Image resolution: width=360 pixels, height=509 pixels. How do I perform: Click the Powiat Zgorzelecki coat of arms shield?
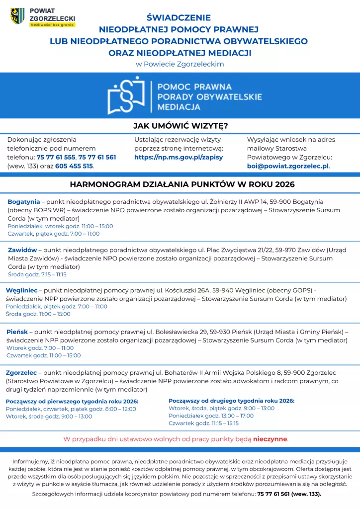pos(17,16)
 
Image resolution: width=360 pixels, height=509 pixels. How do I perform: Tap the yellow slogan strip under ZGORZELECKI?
pos(52,24)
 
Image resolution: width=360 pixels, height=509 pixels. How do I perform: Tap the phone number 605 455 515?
pos(74,166)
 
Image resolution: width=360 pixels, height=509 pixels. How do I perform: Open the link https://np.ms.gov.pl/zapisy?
pos(179,157)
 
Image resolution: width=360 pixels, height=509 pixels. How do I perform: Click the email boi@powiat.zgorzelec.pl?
pos(288,166)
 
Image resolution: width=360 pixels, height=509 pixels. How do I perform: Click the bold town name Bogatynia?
pos(23,202)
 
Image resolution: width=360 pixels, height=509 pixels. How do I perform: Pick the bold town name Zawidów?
pos(22,250)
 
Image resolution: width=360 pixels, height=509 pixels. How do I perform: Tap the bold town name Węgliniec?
pos(22,290)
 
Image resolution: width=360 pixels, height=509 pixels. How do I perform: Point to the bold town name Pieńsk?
pos(17,331)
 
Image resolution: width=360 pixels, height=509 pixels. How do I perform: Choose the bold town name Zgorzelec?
pos(21,372)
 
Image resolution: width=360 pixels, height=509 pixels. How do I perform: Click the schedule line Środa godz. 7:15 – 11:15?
pos(37,274)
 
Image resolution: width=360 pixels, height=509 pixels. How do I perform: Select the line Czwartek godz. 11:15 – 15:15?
pos(204,424)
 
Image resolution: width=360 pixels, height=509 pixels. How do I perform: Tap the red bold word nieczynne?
pos(270,439)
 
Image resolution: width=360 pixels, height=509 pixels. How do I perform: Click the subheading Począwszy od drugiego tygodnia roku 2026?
pos(231,401)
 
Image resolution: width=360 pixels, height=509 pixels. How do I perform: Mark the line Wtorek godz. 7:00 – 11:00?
pos(40,348)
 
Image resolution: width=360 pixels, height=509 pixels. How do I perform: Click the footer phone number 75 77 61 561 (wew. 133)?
pos(289,494)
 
